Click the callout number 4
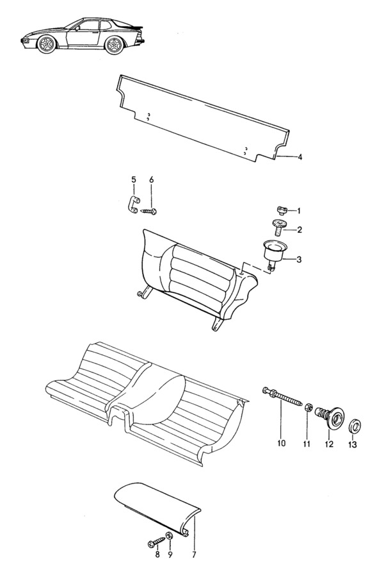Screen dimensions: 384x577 300,157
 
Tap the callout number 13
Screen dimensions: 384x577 352,445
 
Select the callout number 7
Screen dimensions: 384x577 194,555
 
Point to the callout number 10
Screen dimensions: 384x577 281,444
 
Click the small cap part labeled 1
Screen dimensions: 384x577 282,210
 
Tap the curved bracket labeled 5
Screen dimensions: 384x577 132,205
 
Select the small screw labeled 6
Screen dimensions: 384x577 149,211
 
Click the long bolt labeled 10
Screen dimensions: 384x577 282,397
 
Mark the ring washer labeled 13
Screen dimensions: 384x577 355,426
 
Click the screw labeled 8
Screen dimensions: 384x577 156,542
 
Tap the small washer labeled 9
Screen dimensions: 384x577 170,535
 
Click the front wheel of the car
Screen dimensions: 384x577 47,44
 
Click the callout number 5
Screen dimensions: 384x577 133,180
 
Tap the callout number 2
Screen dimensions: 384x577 300,230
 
